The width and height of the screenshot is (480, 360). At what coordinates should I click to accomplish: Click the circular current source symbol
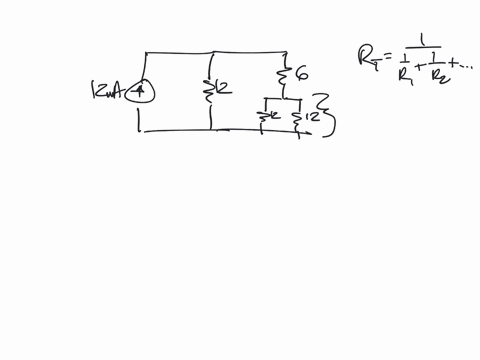(140, 92)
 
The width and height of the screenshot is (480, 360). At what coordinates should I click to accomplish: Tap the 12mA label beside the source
(106, 92)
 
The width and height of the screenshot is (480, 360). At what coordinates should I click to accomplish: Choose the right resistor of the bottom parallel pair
(296, 118)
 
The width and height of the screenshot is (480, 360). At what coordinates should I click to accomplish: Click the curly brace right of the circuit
(324, 113)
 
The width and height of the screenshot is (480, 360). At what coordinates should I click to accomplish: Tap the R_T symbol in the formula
(366, 58)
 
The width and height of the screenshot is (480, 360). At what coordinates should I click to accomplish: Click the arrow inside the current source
(140, 91)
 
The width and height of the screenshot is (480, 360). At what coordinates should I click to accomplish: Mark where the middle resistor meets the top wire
(210, 51)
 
